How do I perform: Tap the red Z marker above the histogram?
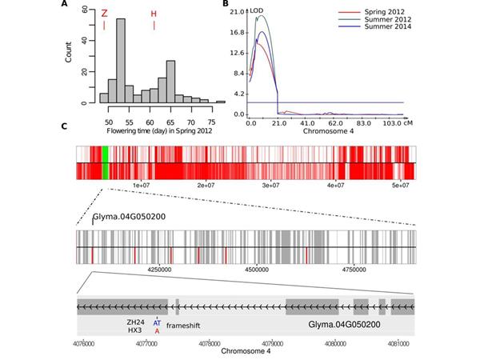[104, 14]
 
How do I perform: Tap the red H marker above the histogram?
[154, 14]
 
